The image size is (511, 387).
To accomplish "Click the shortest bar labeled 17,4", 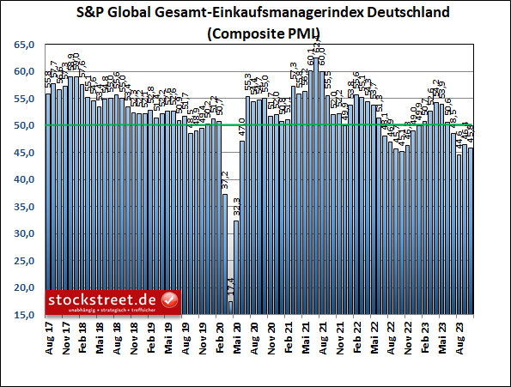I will coord(230,308).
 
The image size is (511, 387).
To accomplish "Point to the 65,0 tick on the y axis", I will coord(25,44).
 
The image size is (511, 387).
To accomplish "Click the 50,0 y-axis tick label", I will coord(25,125).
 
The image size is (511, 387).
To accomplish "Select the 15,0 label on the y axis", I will coord(25,315).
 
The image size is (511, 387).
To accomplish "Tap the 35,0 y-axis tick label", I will coord(25,207).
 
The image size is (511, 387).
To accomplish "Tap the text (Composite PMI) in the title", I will coord(256,34).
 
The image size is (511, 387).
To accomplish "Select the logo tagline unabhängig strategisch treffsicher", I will coord(103,310).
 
